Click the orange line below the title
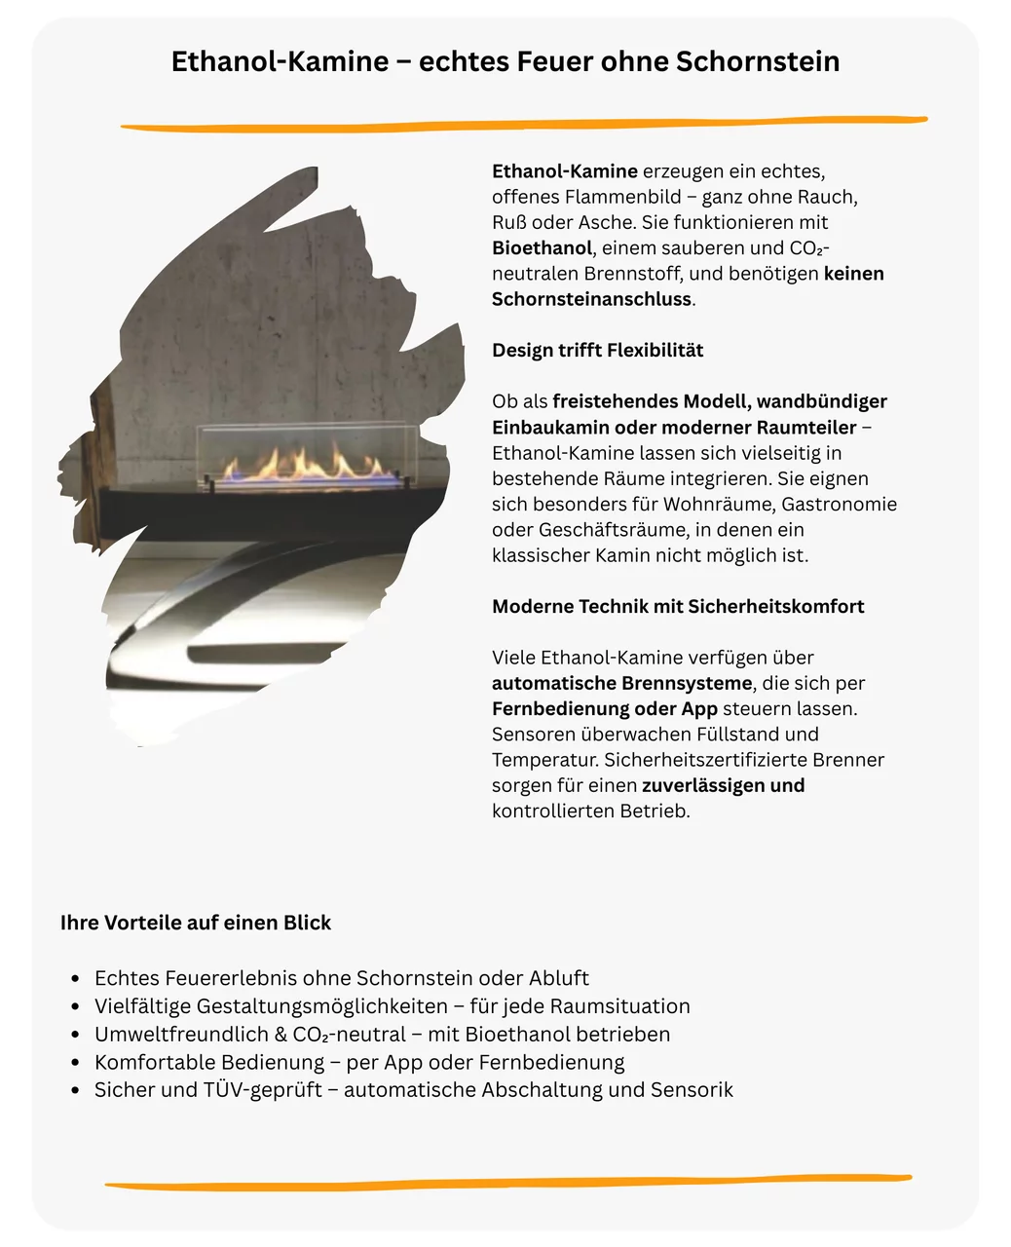524,124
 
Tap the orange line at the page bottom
506,1182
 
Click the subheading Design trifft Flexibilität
597,351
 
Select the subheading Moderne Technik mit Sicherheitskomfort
678,607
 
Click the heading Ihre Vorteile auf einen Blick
196,923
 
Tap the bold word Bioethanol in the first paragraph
542,248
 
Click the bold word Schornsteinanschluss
591,299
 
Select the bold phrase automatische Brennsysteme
621,683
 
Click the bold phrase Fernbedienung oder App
604,709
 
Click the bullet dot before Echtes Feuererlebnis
75,979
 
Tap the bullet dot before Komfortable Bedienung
75,1063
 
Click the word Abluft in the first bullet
558,978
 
